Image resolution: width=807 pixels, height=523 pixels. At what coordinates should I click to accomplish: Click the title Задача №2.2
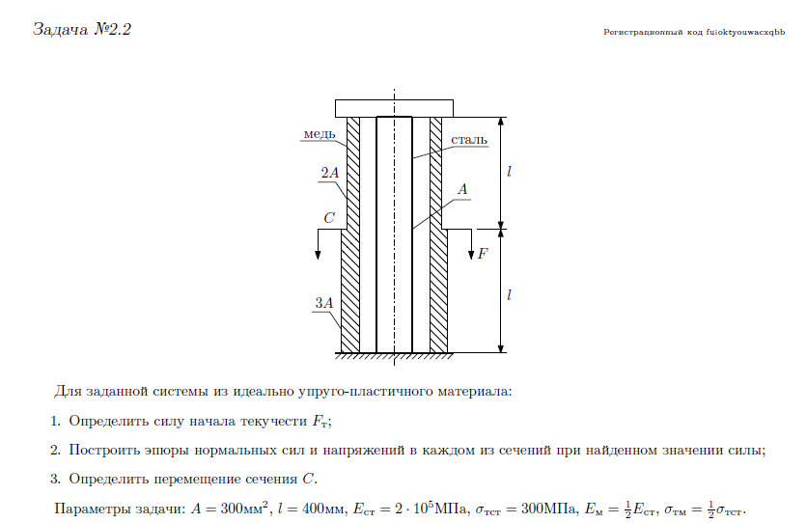click(82, 29)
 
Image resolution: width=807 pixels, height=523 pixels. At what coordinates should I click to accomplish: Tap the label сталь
click(469, 140)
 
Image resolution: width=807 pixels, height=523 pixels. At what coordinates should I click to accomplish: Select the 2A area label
click(329, 174)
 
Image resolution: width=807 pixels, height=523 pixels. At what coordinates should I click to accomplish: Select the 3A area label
click(324, 303)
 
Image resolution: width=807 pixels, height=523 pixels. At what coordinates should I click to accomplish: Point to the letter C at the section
click(329, 219)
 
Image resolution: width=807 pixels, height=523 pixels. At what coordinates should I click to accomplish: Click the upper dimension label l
click(509, 173)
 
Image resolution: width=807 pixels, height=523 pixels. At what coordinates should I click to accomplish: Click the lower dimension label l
click(509, 289)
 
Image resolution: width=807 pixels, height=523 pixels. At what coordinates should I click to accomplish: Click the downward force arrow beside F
click(470, 245)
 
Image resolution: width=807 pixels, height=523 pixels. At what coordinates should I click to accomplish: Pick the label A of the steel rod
click(462, 190)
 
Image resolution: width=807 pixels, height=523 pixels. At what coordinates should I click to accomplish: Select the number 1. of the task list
click(56, 422)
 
